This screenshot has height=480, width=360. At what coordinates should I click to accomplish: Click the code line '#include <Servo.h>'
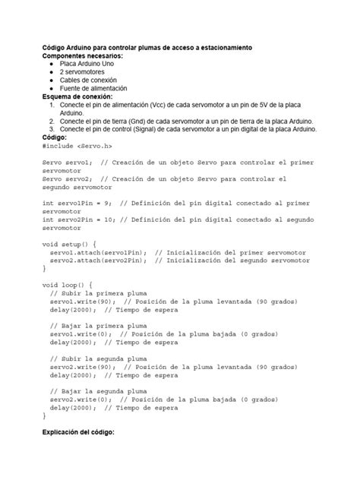(77, 146)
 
